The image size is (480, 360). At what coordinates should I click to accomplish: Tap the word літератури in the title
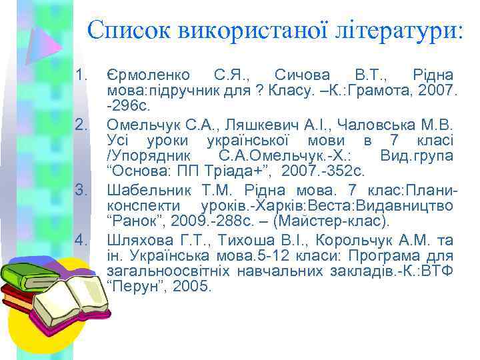pyautogui.click(x=393, y=30)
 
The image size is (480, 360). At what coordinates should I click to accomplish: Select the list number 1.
pyautogui.click(x=82, y=75)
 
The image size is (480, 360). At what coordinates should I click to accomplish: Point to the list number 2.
pyautogui.click(x=82, y=124)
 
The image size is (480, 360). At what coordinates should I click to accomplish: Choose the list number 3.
pyautogui.click(x=82, y=190)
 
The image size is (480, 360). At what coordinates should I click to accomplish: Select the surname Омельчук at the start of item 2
pyautogui.click(x=138, y=124)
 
